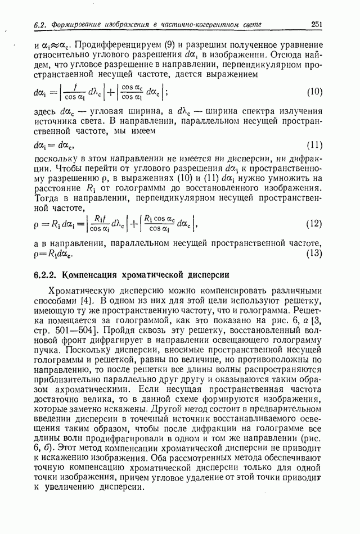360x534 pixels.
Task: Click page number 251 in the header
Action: [x=316, y=24]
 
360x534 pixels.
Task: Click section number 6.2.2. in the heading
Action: [x=46, y=275]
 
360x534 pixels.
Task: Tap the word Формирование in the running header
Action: [x=75, y=25]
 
